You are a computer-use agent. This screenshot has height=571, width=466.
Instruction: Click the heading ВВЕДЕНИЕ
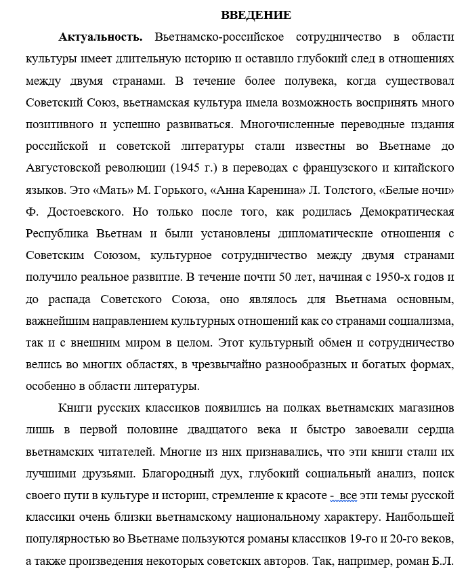(x=255, y=15)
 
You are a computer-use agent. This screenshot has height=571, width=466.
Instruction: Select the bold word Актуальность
(x=101, y=37)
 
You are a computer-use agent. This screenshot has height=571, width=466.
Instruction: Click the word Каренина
(x=257, y=189)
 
